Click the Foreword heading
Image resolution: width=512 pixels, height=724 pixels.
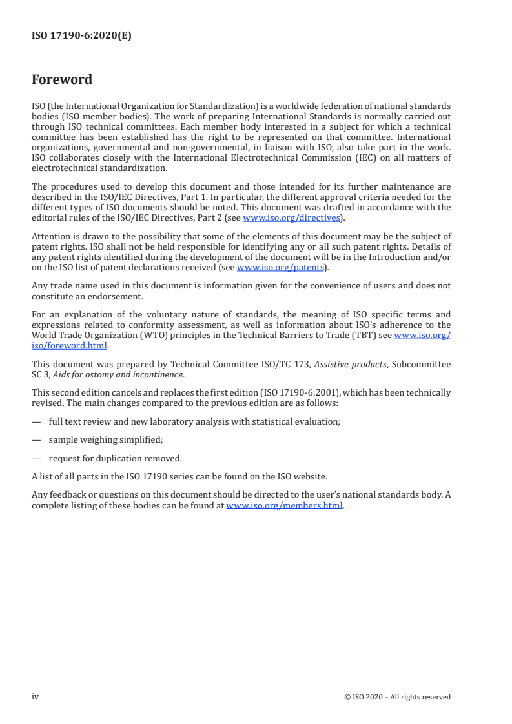click(x=62, y=80)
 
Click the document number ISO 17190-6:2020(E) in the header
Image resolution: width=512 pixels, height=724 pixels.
click(x=81, y=36)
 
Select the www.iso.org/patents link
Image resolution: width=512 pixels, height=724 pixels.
click(x=280, y=267)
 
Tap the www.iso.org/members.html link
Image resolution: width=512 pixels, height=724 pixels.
click(x=284, y=506)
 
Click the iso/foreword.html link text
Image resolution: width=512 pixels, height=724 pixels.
click(x=69, y=345)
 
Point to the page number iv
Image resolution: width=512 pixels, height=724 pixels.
click(x=36, y=696)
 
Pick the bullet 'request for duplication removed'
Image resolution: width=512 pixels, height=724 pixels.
click(x=115, y=459)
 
